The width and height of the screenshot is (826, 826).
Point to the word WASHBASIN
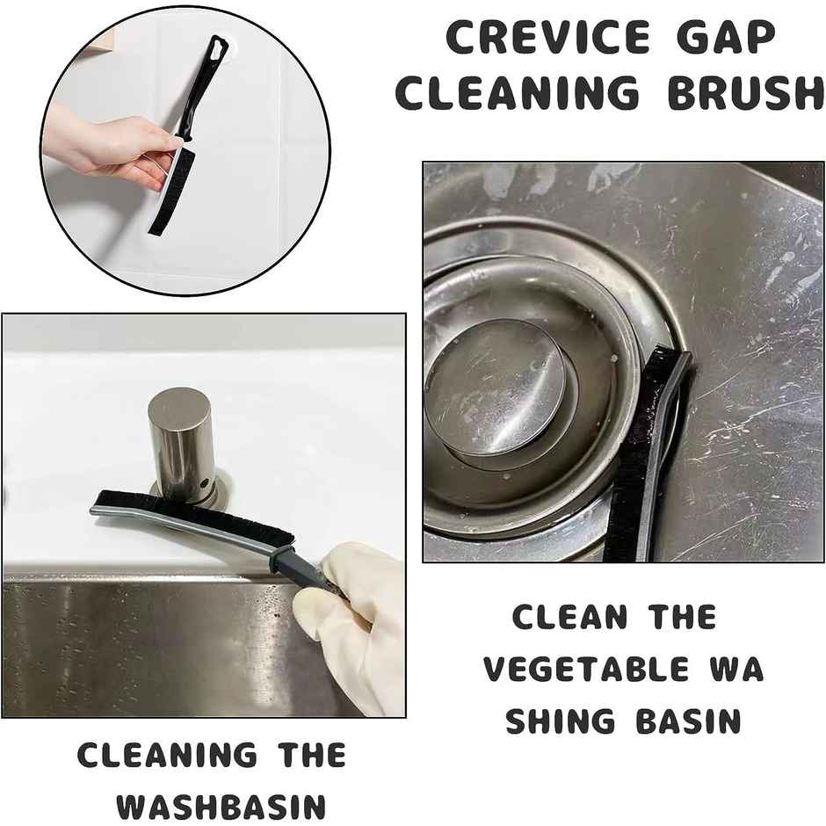click(221, 806)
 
